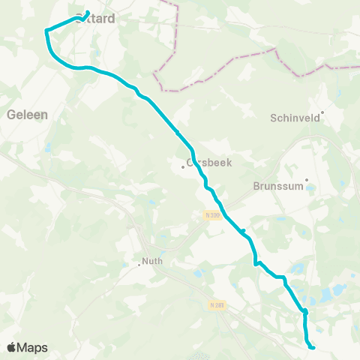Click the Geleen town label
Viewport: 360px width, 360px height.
pyautogui.click(x=27, y=115)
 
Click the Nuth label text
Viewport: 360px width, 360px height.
pyautogui.click(x=152, y=262)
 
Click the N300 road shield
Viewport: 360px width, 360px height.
pyautogui.click(x=211, y=215)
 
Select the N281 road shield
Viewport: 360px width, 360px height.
pyautogui.click(x=217, y=304)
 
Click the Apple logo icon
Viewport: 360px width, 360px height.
pyautogui.click(x=12, y=347)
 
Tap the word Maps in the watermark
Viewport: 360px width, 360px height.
pyautogui.click(x=33, y=347)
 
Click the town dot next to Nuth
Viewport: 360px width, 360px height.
pyautogui.click(x=139, y=263)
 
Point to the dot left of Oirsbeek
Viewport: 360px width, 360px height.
pyautogui.click(x=183, y=166)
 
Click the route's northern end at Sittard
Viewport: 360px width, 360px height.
pyautogui.click(x=88, y=12)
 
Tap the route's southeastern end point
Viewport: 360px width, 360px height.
pyautogui.click(x=312, y=346)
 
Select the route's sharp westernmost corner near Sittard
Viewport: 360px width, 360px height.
pyautogui.click(x=46, y=31)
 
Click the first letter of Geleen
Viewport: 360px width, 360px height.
pyautogui.click(x=10, y=115)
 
